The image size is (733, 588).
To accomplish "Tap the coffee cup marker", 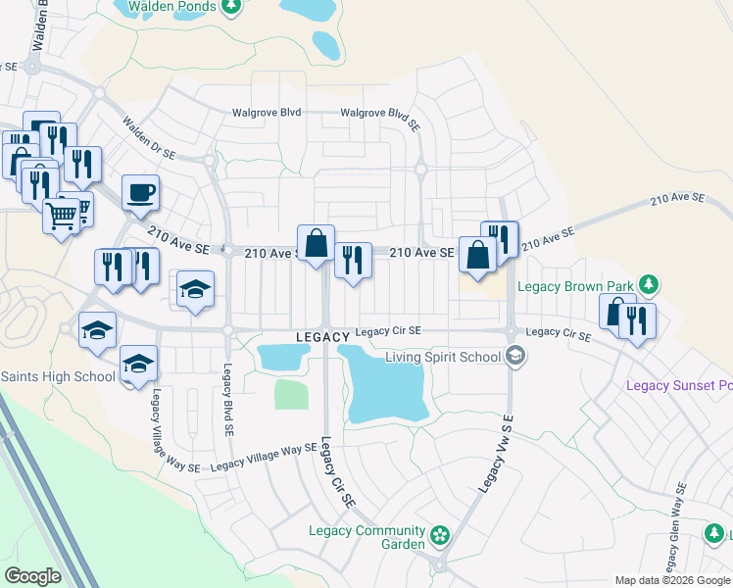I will (x=140, y=192).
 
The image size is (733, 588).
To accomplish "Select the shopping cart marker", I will (x=62, y=215).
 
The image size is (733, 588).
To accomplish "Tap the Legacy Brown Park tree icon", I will (x=647, y=285).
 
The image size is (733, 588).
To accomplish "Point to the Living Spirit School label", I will (x=442, y=356).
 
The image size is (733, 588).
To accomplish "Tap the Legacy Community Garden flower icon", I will (x=440, y=536).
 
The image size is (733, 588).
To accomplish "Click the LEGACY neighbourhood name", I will (x=322, y=336).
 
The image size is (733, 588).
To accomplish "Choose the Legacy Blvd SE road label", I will (x=227, y=400).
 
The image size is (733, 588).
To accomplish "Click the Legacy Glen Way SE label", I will (x=674, y=537).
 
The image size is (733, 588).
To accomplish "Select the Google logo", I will (x=32, y=575).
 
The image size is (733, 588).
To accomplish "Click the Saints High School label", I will (x=58, y=376).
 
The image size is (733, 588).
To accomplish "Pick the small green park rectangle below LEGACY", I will (x=291, y=394).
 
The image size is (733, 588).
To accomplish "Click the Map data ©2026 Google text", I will (x=672, y=580).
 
